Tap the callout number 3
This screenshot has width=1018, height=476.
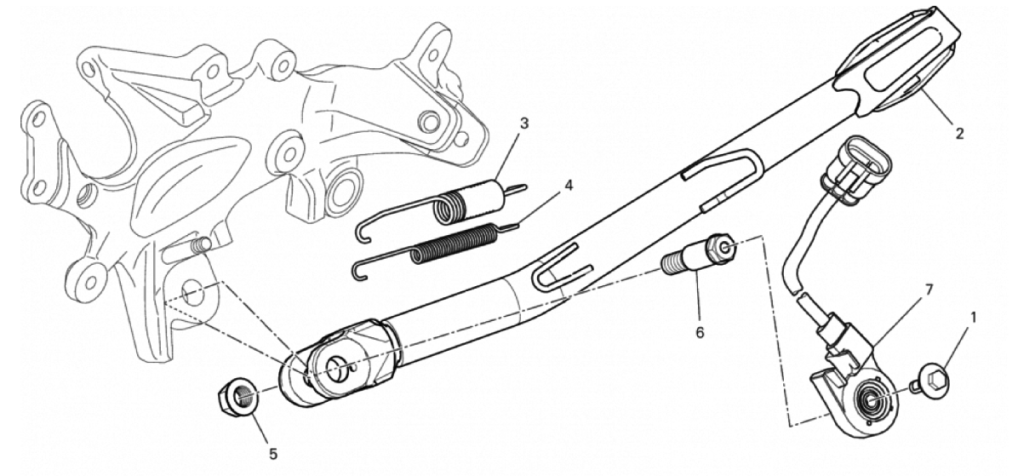tap(524, 123)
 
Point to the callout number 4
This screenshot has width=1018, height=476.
tap(569, 185)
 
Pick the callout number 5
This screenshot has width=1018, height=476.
tap(273, 454)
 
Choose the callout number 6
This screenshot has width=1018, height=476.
tap(699, 332)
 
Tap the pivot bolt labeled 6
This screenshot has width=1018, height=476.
tap(699, 255)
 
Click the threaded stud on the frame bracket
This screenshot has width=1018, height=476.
tap(199, 245)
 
